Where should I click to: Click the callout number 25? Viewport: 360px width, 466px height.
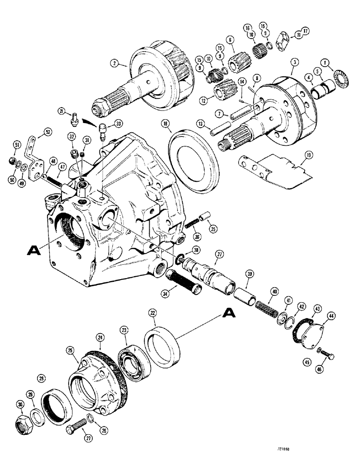[x=70, y=349]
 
